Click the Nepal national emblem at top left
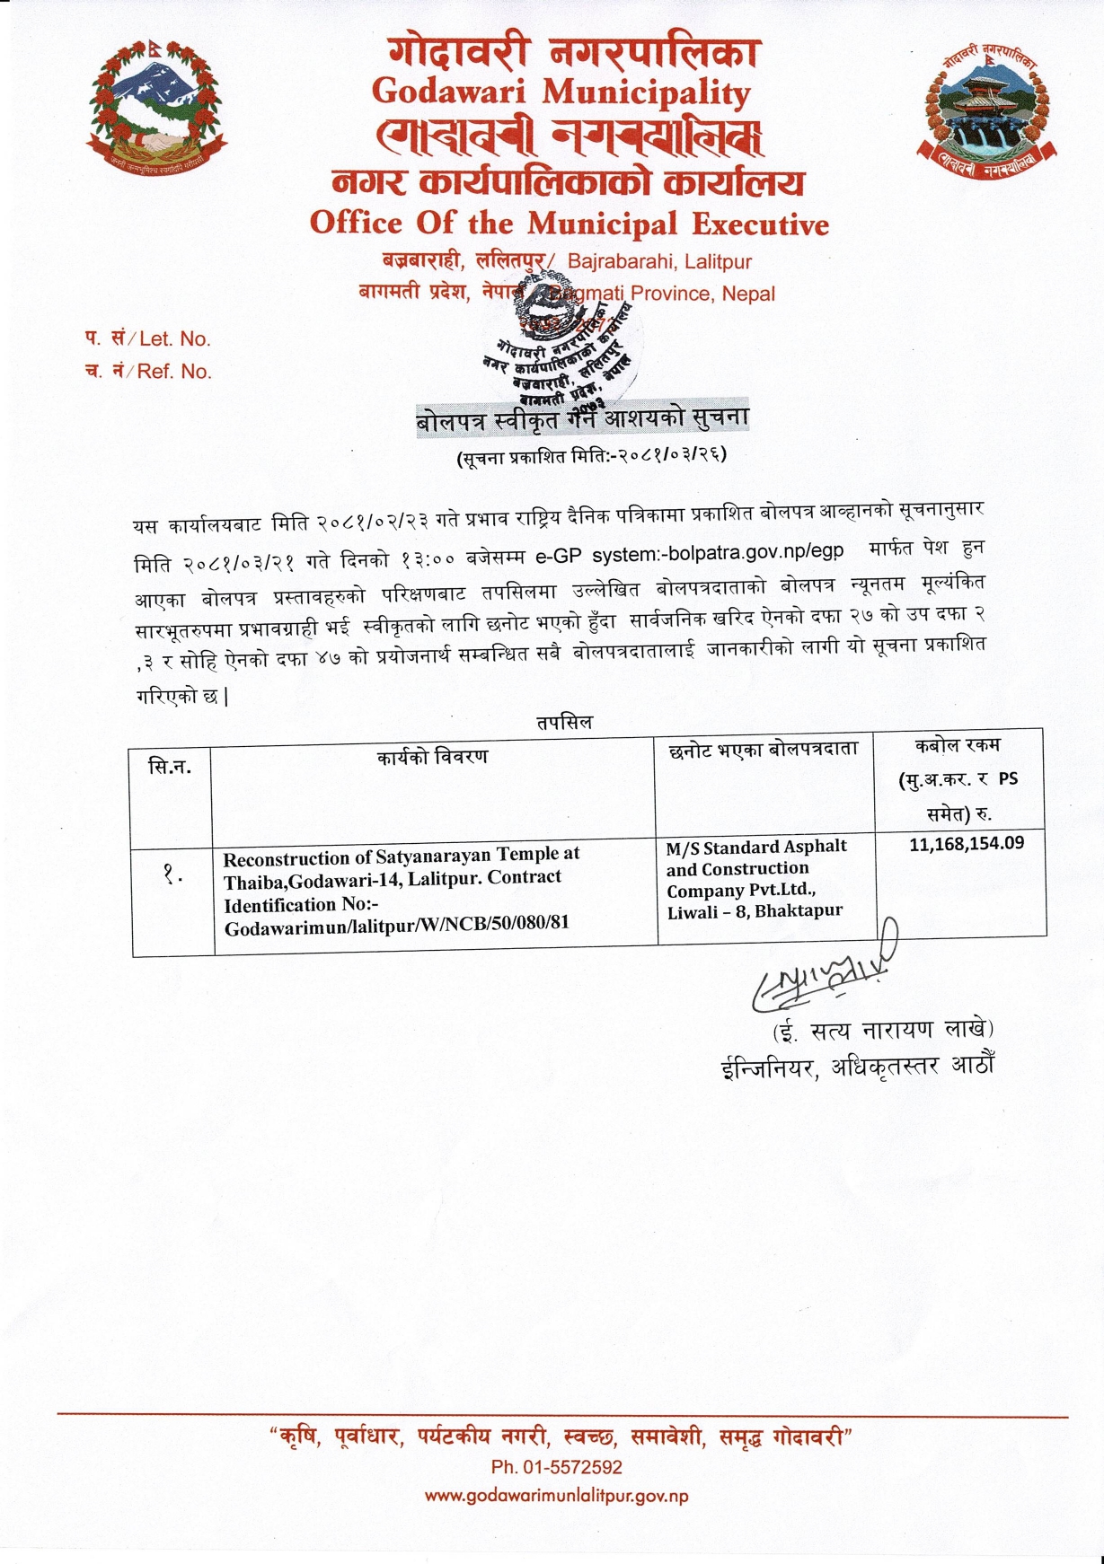(156, 107)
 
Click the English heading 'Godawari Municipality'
(561, 92)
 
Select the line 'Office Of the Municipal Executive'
(569, 223)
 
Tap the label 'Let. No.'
(175, 339)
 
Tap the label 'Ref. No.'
(174, 372)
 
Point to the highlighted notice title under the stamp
(582, 418)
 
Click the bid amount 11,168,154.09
(967, 844)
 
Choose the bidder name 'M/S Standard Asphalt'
(756, 847)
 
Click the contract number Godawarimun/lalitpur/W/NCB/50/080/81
(396, 924)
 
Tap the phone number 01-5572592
(570, 1468)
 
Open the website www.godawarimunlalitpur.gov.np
(556, 1497)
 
